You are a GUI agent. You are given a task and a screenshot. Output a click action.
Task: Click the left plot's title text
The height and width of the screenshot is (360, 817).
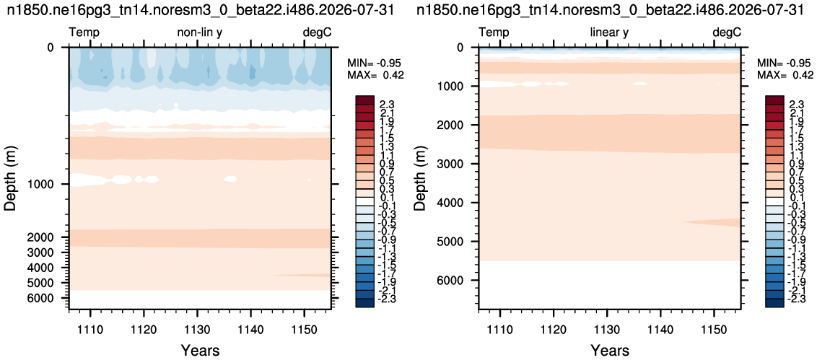pos(204,10)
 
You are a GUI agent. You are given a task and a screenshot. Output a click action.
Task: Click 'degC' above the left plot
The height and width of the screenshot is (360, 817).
pos(318,32)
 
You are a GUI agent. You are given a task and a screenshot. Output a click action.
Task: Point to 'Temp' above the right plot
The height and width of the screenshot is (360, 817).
pos(494,32)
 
